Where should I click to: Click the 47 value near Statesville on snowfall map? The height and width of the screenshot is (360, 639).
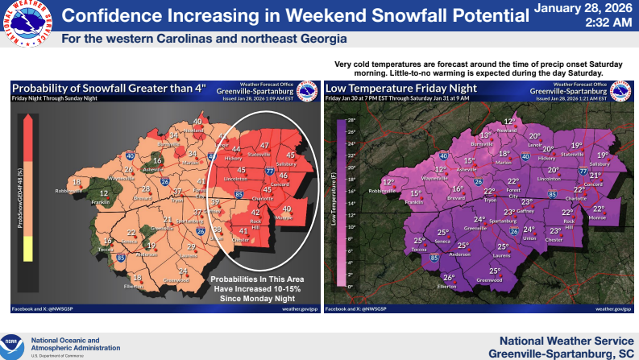pyautogui.click(x=263, y=145)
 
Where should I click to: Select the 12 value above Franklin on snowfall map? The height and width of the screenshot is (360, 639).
pyautogui.click(x=104, y=193)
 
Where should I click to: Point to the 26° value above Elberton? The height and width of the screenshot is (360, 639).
pyautogui.click(x=449, y=278)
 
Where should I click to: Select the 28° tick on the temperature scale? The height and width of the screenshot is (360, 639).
pyautogui.click(x=351, y=119)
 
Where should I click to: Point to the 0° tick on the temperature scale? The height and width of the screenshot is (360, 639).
pyautogui.click(x=351, y=286)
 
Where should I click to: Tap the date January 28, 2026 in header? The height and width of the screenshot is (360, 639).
pyautogui.click(x=583, y=9)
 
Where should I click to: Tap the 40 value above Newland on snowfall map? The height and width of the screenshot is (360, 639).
pyautogui.click(x=198, y=122)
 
